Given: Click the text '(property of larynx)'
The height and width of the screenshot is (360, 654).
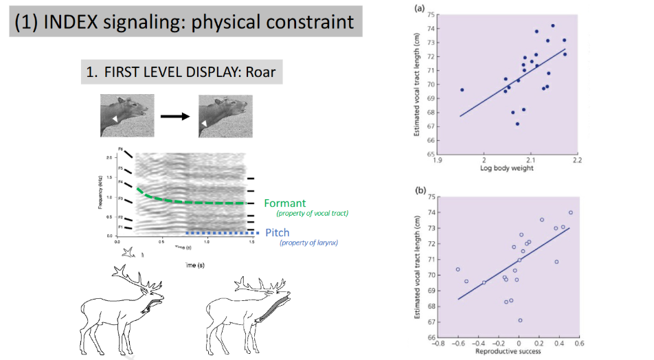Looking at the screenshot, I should [x=307, y=243].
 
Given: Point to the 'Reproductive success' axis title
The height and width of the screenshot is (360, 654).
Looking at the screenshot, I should [x=508, y=351].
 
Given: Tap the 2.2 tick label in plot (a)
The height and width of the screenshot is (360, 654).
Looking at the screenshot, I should [x=576, y=161].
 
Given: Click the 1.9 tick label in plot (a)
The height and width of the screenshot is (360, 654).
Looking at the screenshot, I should [x=438, y=161].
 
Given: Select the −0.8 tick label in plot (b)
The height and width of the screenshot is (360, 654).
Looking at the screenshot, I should [x=440, y=342].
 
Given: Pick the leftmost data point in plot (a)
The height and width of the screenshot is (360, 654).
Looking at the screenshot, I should [x=462, y=90].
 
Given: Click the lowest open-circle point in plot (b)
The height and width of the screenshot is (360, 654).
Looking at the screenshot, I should [x=520, y=320].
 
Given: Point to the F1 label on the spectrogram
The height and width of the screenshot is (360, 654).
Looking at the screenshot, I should [x=121, y=226].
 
